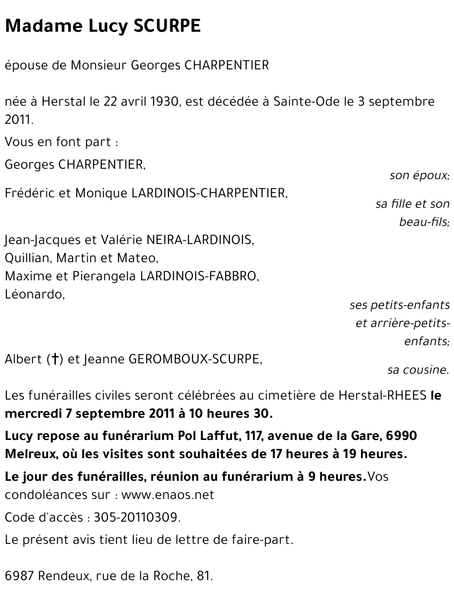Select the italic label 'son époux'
click(x=419, y=175)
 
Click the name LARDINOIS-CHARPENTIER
click(x=209, y=193)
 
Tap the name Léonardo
click(x=34, y=294)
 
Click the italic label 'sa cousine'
click(x=418, y=370)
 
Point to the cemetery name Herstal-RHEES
click(x=382, y=396)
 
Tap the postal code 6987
click(x=19, y=576)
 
